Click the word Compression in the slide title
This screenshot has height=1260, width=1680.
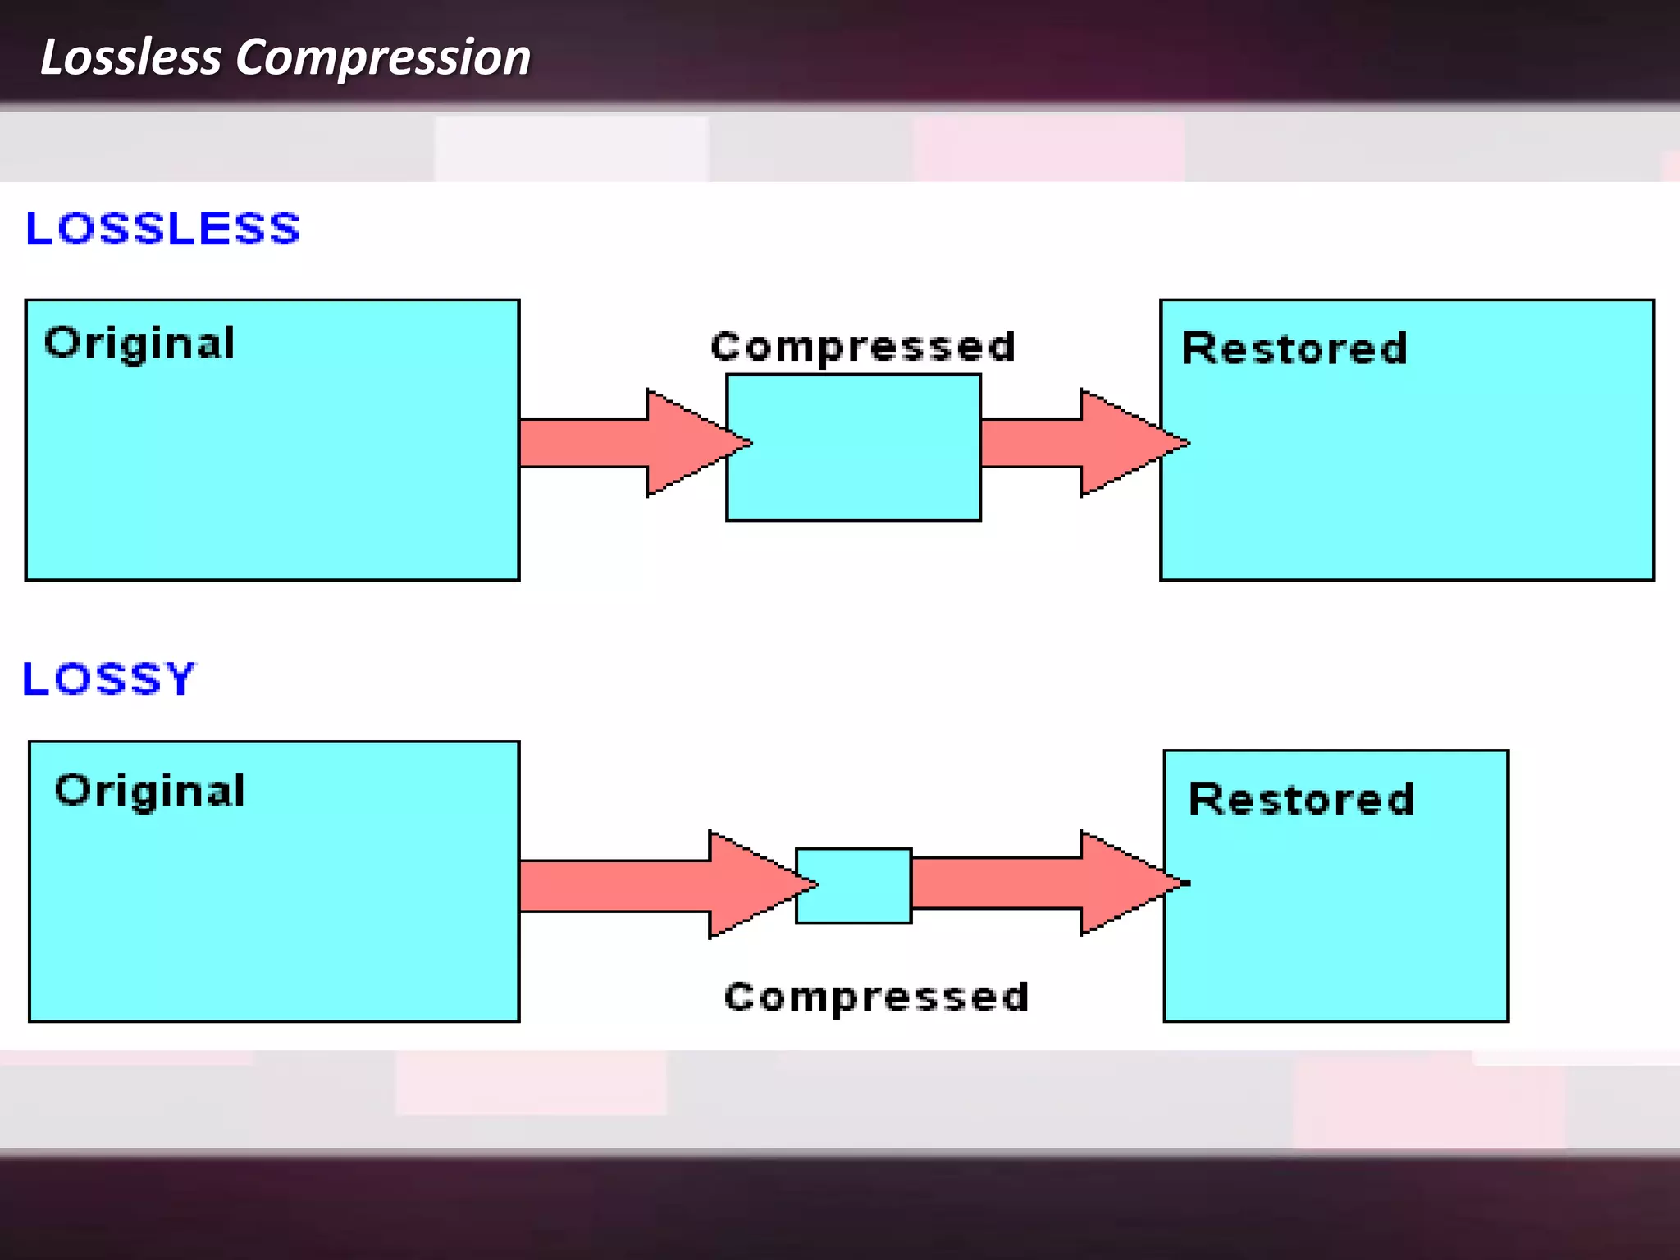383,57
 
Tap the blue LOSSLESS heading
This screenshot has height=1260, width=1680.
162,228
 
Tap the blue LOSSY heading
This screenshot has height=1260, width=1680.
109,678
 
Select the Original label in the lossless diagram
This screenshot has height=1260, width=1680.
139,343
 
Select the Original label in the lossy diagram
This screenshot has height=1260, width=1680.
150,791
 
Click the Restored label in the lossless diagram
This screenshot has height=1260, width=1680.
1294,349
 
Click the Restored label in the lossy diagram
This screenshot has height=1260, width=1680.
1301,799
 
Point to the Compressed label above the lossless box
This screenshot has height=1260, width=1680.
863,346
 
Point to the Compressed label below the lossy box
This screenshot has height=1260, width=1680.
876,997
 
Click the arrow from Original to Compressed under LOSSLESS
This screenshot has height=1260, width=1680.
623,443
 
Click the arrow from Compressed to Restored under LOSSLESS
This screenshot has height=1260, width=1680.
1066,443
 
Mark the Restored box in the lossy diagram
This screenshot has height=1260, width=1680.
1335,919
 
